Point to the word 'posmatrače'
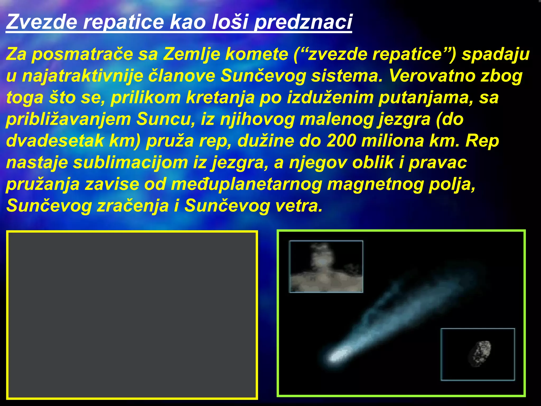coord(82,54)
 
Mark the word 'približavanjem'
coord(68,119)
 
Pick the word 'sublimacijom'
coord(130,163)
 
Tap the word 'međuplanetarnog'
coord(246,184)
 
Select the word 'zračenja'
coord(133,206)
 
